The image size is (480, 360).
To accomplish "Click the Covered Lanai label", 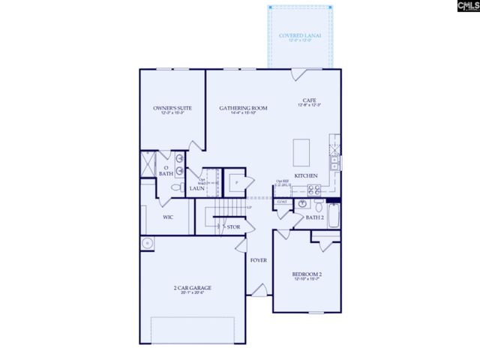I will click(299, 35).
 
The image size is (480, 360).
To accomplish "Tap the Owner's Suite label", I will click(173, 108).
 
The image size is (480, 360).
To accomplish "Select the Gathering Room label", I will click(238, 108).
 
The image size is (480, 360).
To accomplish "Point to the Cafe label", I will click(308, 100).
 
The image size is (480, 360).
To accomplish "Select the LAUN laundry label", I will click(196, 188).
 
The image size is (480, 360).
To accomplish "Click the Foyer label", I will click(259, 261).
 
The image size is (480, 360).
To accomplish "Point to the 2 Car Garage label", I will click(192, 287).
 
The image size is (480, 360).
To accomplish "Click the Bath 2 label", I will click(315, 217).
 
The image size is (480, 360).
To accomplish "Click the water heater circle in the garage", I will click(148, 243).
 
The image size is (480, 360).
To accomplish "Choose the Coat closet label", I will click(282, 202).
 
